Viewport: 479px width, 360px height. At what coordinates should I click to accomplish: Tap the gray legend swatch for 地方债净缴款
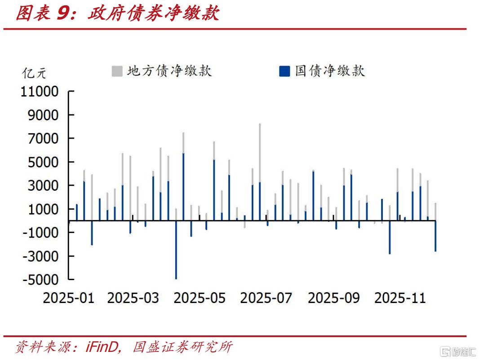[117, 71]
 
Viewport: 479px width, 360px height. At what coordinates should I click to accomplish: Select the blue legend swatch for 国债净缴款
[284, 71]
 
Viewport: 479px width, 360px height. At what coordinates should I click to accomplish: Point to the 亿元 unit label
[35, 72]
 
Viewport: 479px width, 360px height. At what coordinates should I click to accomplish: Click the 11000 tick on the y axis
[40, 92]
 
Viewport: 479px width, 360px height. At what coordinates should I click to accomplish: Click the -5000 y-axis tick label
[41, 280]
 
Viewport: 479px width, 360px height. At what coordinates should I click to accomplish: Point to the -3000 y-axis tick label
[41, 256]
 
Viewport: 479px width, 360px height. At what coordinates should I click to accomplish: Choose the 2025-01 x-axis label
[68, 298]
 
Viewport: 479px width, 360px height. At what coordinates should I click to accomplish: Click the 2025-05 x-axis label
[200, 298]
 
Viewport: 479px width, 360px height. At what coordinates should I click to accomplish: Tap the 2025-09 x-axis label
[333, 298]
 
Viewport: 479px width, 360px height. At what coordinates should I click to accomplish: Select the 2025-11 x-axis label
[400, 298]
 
